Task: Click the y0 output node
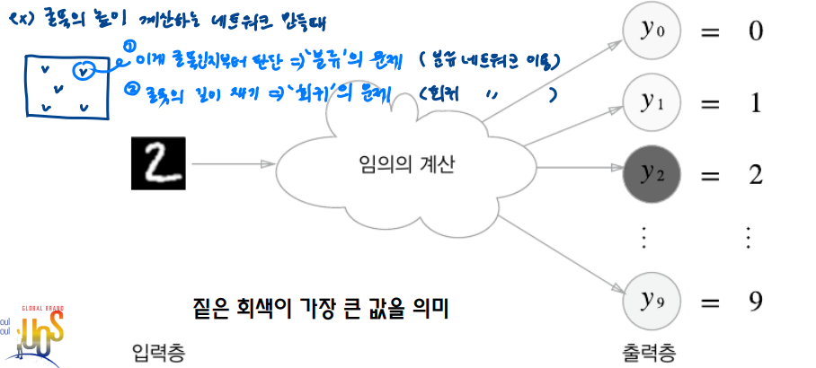click(x=648, y=33)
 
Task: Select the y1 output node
click(x=648, y=103)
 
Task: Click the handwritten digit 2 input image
click(x=158, y=163)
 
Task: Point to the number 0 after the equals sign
click(x=755, y=33)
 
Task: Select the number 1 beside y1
click(x=755, y=103)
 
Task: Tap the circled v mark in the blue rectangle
click(x=83, y=69)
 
